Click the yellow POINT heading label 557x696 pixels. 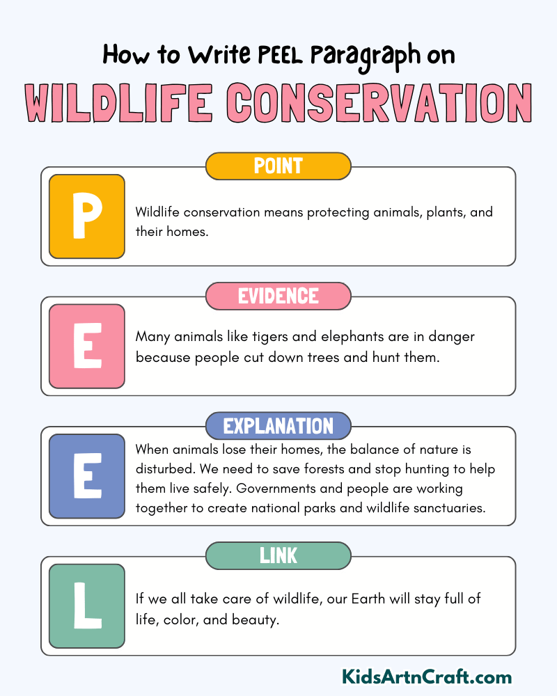click(x=278, y=166)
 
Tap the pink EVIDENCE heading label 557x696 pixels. click(x=278, y=296)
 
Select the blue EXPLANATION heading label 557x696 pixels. click(x=278, y=426)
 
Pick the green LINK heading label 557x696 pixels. click(x=278, y=555)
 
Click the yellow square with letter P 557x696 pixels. click(x=87, y=216)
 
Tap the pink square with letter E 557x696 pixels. click(x=87, y=346)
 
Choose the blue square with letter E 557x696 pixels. click(x=87, y=476)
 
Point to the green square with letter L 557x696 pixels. click(x=87, y=606)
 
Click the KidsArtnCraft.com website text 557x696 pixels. click(x=427, y=677)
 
